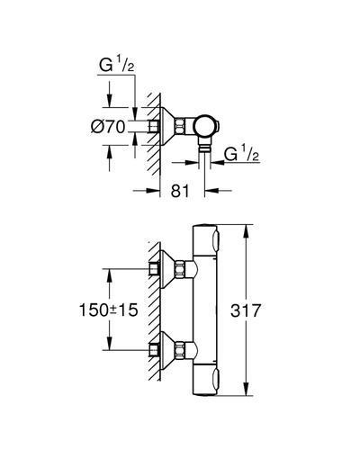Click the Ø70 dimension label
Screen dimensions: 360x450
pos(108,127)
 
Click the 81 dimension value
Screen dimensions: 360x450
pos(180,191)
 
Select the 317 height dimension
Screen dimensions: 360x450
pos(246,310)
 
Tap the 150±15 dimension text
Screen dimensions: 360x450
pos(108,310)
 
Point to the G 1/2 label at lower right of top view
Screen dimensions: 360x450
pos(242,153)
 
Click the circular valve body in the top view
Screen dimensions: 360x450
pos(204,126)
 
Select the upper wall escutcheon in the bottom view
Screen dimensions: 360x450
pos(168,269)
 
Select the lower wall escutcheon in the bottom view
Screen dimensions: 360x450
pos(168,351)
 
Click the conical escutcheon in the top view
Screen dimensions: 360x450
pos(168,126)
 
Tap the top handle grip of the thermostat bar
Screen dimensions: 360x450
pos(216,241)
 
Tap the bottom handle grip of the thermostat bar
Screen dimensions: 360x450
pos(216,380)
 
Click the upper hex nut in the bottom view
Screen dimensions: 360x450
pos(180,269)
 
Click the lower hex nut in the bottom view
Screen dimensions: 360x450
pos(180,351)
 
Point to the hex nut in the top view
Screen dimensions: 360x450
pos(180,126)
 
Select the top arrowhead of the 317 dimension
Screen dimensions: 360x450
pos(246,231)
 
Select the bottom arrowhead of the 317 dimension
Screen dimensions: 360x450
pos(246,389)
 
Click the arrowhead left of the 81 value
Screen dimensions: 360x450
pos(152,190)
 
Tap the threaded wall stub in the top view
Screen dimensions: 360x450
pos(153,126)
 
